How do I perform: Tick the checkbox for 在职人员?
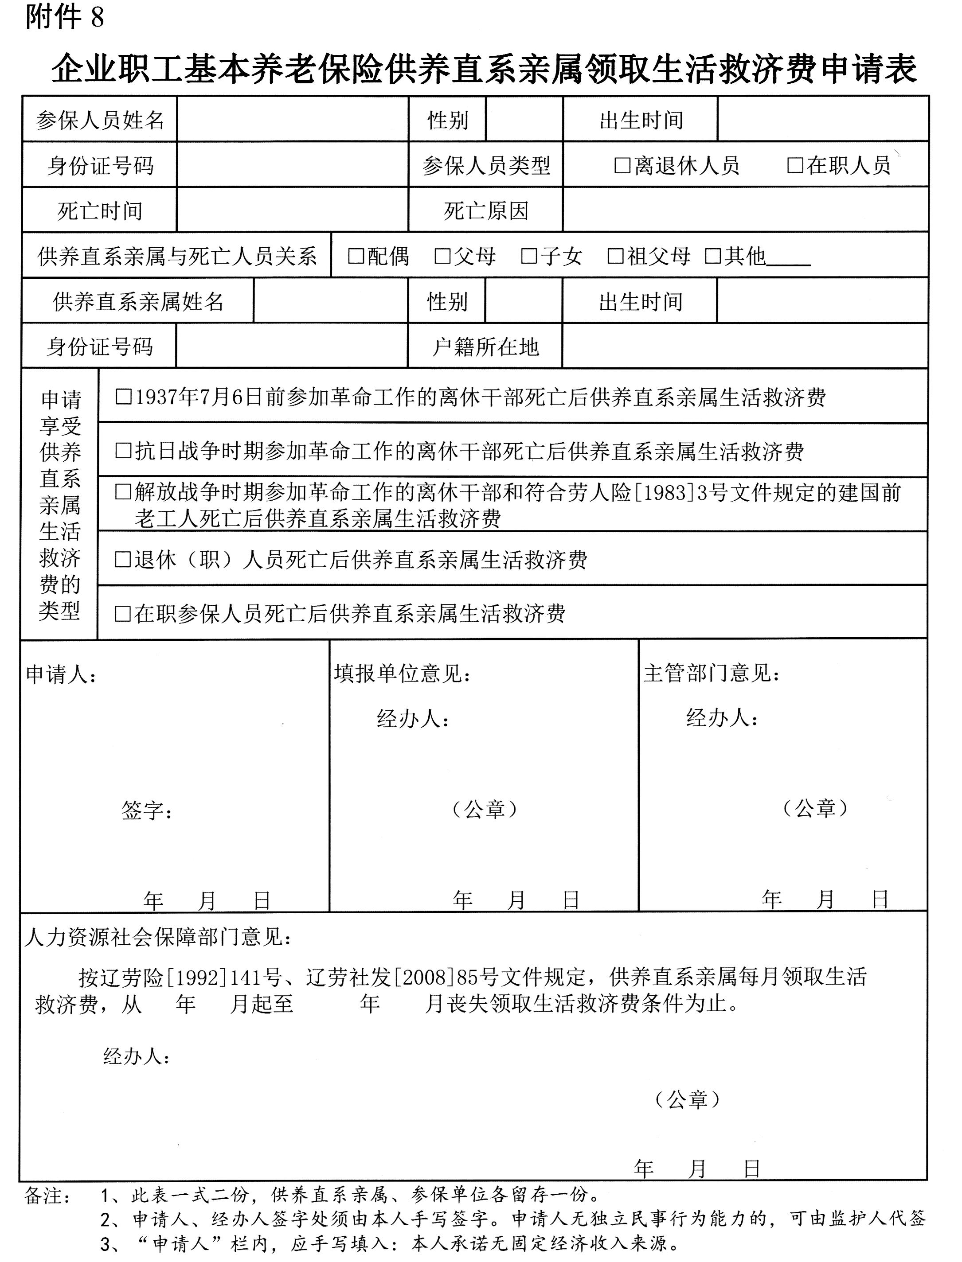point(795,165)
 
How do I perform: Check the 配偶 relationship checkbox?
point(356,256)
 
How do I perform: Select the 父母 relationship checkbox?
point(442,256)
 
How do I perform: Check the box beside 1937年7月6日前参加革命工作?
point(124,397)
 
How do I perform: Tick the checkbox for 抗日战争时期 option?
point(124,451)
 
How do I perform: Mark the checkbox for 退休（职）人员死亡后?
point(123,559)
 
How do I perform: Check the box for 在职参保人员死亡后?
point(123,614)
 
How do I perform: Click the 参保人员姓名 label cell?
point(100,120)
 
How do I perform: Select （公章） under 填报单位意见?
point(485,809)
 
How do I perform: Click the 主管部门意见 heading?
point(712,674)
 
